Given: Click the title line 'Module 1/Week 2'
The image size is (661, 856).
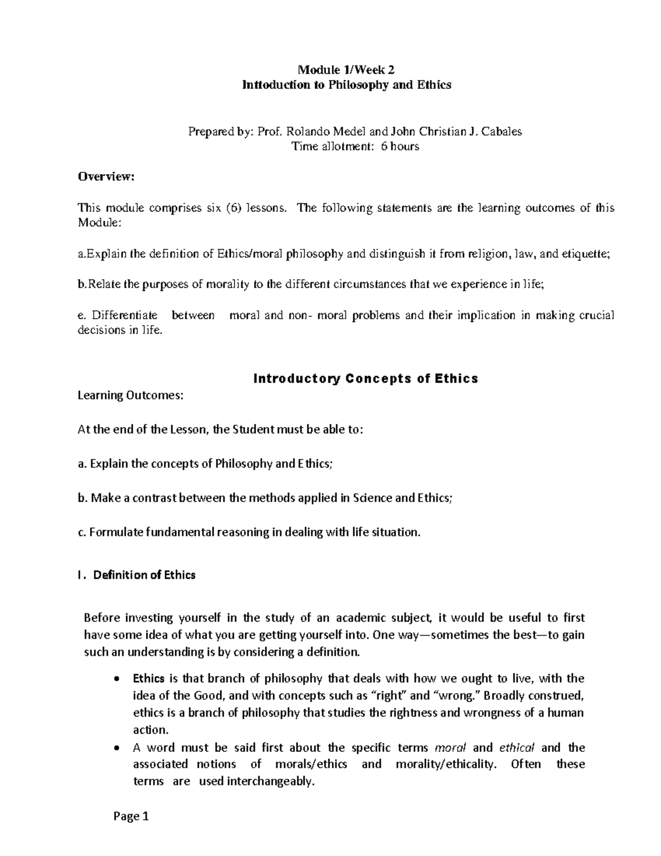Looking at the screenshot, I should click(x=346, y=70).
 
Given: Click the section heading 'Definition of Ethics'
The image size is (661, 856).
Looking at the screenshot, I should click(x=144, y=575).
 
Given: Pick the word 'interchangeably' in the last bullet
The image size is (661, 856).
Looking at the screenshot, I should click(x=270, y=782).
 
